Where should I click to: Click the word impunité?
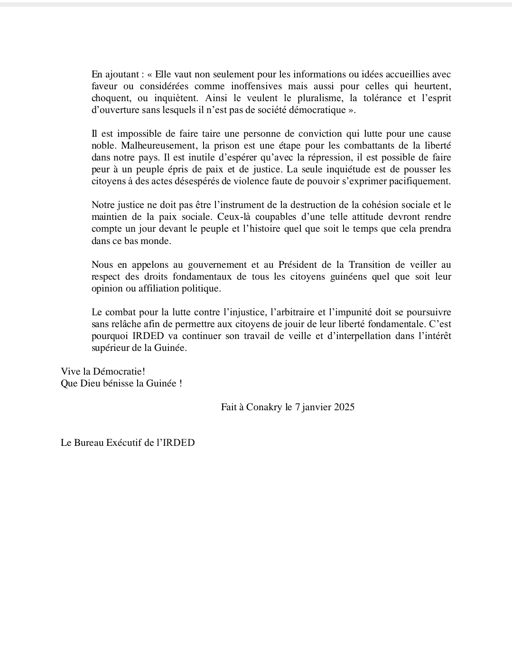[350, 312]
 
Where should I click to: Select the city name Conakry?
[264, 407]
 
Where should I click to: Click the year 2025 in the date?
[344, 407]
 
